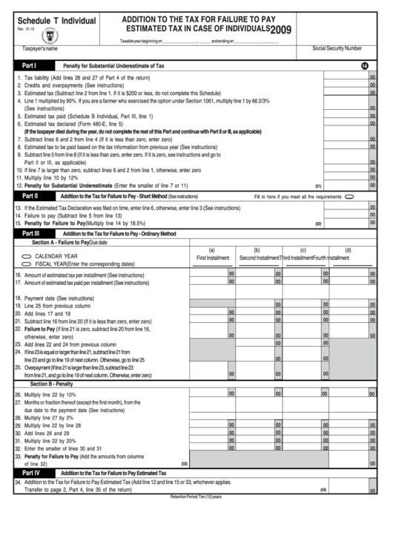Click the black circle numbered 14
pyautogui.click(x=365, y=67)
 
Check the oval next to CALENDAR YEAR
pyautogui.click(x=27, y=255)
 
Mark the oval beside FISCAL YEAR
pyautogui.click(x=27, y=264)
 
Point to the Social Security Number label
pyautogui.click(x=337, y=48)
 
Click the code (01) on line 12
pyautogui.click(x=318, y=186)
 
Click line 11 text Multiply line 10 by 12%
pyautogui.click(x=46, y=178)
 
